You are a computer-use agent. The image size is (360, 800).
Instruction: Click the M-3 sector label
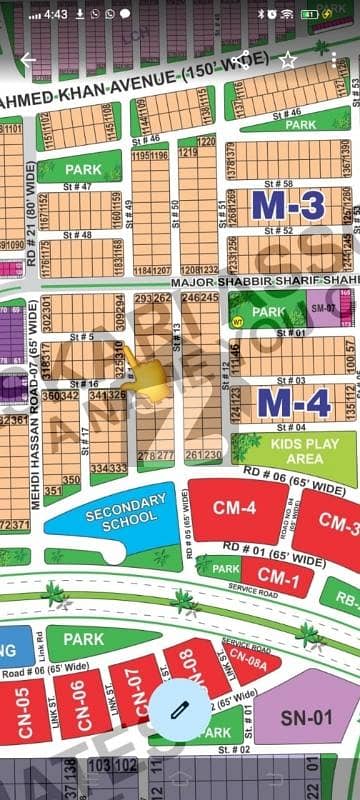(x=288, y=205)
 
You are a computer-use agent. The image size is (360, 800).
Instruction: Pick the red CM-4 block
(x=235, y=508)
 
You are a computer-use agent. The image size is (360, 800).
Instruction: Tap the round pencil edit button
(x=180, y=708)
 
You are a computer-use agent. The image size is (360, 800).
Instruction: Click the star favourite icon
(x=288, y=60)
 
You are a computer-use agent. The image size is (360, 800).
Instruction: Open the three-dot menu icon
(x=334, y=60)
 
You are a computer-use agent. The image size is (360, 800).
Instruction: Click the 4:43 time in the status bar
(x=56, y=15)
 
